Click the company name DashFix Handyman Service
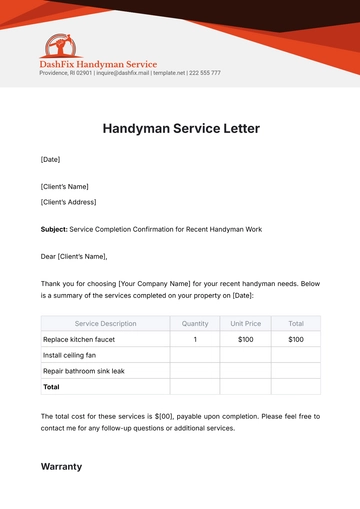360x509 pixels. [x=98, y=64]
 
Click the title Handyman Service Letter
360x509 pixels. [x=180, y=129]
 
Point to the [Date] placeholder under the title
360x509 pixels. [x=50, y=160]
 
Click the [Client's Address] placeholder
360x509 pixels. [x=69, y=201]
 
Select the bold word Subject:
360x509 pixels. [x=54, y=229]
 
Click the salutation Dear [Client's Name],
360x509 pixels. [x=73, y=256]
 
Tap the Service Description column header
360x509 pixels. [x=105, y=323]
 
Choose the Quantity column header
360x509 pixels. [x=195, y=323]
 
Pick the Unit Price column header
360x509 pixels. [x=245, y=323]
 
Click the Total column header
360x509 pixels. [x=296, y=323]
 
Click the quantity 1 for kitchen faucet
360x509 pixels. [x=195, y=339]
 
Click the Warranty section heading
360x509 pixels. [x=62, y=466]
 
